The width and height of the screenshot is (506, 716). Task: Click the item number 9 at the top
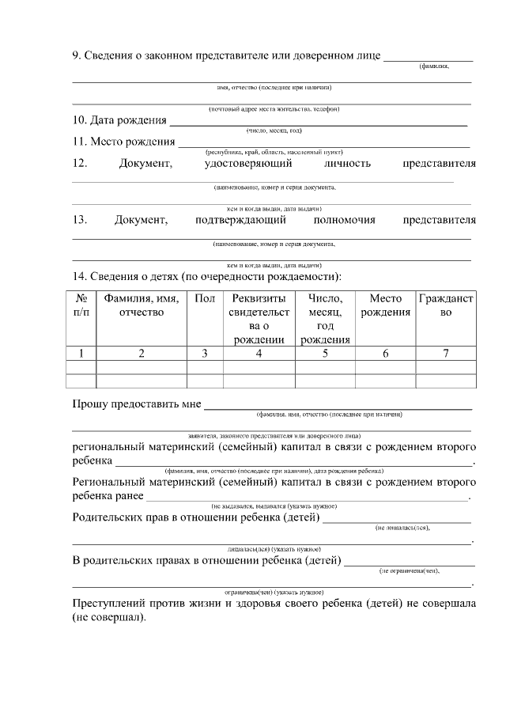coord(76,56)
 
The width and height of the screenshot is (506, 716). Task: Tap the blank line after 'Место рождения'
coord(323,146)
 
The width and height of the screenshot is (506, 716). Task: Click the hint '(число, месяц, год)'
coord(274,131)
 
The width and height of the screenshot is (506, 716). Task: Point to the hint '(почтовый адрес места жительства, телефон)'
coord(274,108)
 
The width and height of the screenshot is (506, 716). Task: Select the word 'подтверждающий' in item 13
coord(240,220)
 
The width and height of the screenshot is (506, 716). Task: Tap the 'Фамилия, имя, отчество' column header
coord(141,305)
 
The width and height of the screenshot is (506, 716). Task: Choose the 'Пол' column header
coord(204,299)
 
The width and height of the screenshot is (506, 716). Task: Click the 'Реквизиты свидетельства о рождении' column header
coord(259,319)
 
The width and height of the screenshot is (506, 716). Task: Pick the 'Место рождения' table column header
coord(385,305)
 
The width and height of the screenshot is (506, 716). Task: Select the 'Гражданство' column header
coord(445,305)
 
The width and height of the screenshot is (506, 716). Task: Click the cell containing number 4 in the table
coord(259,354)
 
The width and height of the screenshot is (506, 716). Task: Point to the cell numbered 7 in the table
coord(445,354)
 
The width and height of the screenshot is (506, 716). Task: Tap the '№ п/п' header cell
coord(81,305)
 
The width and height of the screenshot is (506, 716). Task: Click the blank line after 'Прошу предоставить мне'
coord(338,407)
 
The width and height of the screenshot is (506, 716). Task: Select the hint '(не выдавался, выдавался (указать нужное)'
coord(274,506)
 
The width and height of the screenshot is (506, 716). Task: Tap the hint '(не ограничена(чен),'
coord(409,570)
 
